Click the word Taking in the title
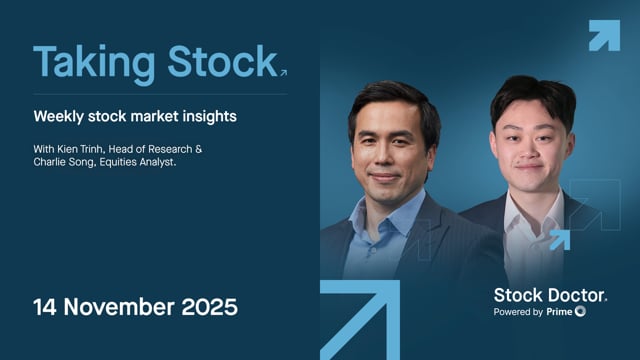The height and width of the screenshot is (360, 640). (x=93, y=62)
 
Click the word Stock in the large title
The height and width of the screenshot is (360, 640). (x=219, y=62)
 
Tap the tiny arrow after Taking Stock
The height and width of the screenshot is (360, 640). (x=284, y=72)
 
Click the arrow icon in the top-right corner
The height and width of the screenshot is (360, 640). (x=604, y=35)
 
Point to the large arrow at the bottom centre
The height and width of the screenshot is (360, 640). (x=360, y=320)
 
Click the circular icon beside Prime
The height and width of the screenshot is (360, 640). (x=581, y=312)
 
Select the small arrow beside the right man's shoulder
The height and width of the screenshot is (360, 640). (x=559, y=239)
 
